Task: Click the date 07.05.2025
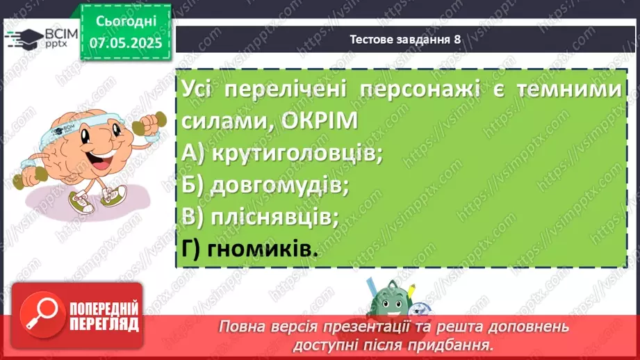click(126, 43)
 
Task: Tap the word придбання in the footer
click(457, 343)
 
